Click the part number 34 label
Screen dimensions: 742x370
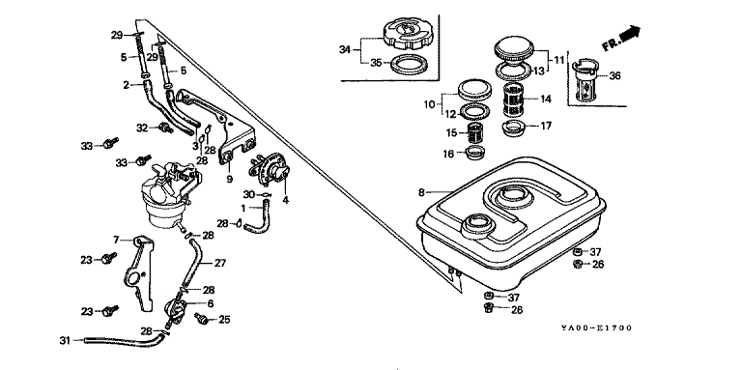point(345,49)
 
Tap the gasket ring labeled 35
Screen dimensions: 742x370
point(410,63)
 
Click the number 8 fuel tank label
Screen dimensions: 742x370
point(421,192)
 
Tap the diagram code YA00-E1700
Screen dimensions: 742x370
point(596,327)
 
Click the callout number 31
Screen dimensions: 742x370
point(65,340)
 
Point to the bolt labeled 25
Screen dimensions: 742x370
point(202,320)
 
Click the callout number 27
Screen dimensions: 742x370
point(220,263)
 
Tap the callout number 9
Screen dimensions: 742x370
point(230,180)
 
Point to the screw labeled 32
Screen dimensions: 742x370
point(165,128)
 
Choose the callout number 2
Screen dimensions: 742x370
point(127,85)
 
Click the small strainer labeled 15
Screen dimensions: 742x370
point(474,132)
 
